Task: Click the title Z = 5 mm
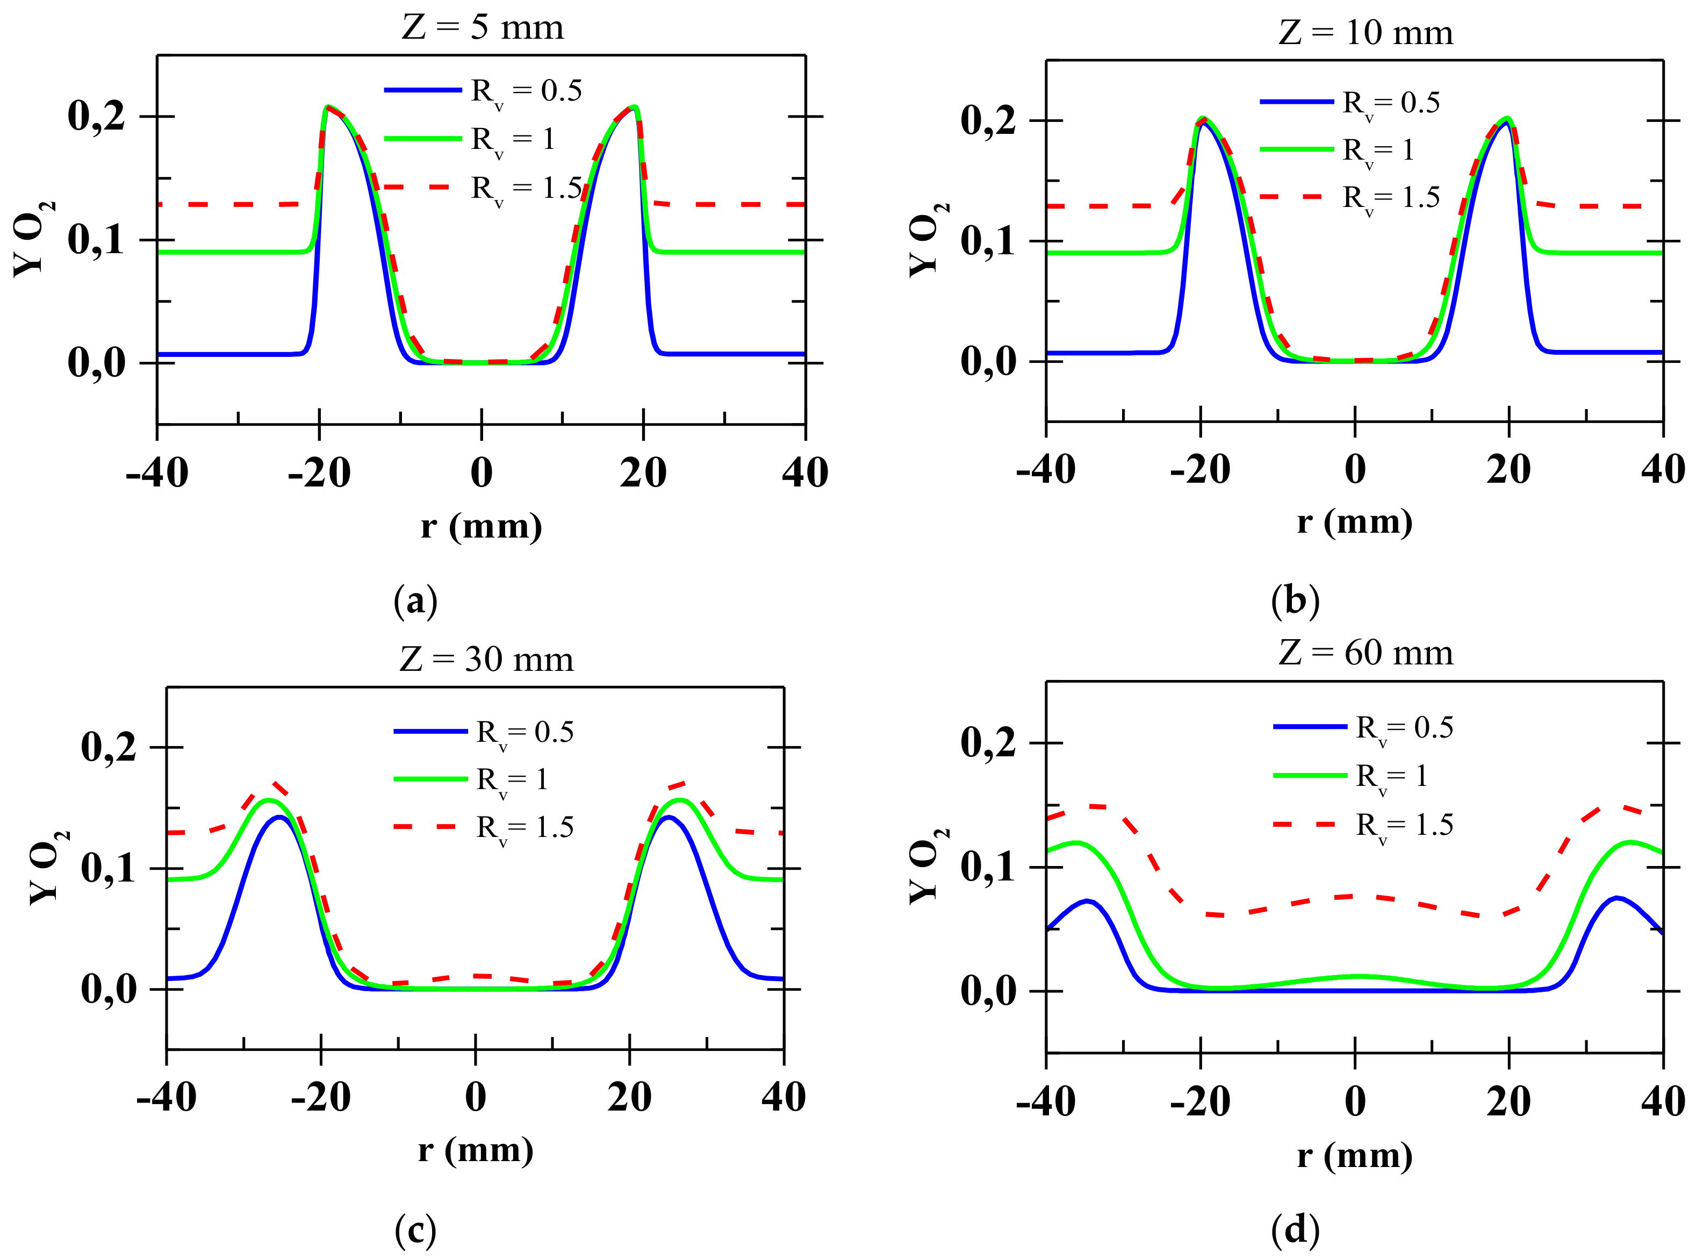483,27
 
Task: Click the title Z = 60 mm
1365,653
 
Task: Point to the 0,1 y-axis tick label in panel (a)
96,240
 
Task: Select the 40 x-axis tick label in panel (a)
804,473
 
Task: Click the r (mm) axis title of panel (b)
1354,522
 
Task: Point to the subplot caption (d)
1295,1229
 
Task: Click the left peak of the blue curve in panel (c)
280,817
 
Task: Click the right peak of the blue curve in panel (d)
1616,898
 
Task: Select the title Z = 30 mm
486,659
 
